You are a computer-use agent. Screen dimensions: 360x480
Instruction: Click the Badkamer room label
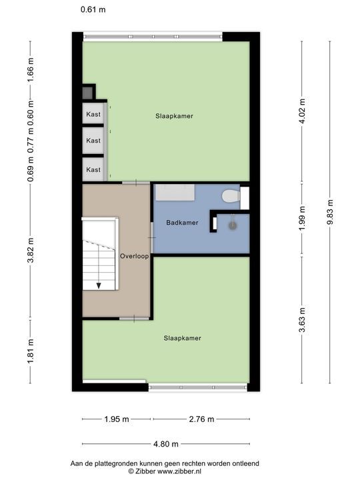point(182,223)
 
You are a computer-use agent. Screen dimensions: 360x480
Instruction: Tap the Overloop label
point(135,256)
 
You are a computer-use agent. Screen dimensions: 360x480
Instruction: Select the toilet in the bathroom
point(231,196)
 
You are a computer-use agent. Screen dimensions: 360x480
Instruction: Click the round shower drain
point(233,226)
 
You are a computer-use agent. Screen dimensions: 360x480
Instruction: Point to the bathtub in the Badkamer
point(175,193)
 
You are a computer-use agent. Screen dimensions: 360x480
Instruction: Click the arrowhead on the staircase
point(99,285)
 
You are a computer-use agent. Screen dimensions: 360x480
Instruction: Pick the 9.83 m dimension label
point(330,212)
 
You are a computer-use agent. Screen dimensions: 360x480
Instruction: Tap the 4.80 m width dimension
point(166,443)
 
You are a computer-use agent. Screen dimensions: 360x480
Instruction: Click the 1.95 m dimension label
point(117,419)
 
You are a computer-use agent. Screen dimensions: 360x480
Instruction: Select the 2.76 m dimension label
point(201,419)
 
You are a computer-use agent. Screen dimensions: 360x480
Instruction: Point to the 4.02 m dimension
point(302,111)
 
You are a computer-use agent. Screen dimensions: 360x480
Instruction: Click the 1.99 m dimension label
point(302,218)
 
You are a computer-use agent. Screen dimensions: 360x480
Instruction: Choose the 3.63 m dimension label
point(302,320)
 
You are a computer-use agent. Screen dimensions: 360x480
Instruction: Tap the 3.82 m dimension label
point(31,251)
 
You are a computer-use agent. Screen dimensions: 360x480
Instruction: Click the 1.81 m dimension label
point(31,351)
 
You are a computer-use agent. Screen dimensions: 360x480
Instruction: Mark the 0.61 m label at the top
point(93,9)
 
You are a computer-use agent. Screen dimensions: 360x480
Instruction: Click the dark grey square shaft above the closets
point(87,93)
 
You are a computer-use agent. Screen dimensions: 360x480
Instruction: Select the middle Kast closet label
point(93,141)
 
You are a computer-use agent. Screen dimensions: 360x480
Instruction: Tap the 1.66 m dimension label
point(31,70)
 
